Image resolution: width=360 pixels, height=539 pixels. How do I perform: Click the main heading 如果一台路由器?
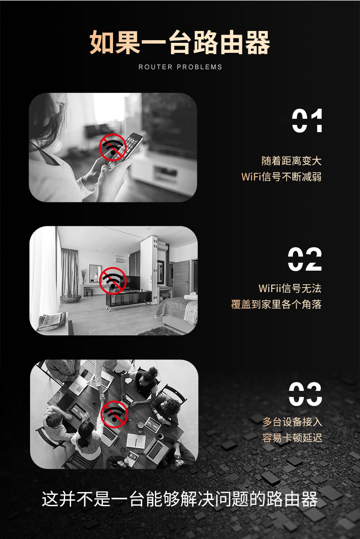click(x=180, y=43)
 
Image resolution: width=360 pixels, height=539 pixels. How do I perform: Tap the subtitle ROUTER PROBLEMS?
click(x=180, y=67)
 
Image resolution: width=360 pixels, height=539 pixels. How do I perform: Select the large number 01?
click(x=307, y=120)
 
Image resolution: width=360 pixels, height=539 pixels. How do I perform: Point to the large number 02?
click(x=305, y=259)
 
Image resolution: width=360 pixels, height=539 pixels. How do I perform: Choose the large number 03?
click(x=305, y=394)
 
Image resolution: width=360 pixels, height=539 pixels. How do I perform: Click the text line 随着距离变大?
click(x=291, y=161)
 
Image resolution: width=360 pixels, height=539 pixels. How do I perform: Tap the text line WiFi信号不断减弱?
click(x=281, y=177)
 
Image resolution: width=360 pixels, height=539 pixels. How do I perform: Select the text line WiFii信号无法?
click(x=289, y=288)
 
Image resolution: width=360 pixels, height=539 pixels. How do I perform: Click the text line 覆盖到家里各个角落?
click(x=276, y=304)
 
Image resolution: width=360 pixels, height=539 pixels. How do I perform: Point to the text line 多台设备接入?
click(x=292, y=422)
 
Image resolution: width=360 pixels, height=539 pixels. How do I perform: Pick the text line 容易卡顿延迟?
click(x=292, y=437)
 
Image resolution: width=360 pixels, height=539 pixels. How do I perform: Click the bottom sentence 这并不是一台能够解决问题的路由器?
click(x=180, y=499)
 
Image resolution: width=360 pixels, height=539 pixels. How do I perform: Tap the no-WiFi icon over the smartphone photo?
click(x=113, y=147)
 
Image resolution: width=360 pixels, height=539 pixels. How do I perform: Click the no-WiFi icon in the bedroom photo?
click(x=113, y=280)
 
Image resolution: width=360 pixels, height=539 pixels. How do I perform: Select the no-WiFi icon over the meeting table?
click(x=114, y=414)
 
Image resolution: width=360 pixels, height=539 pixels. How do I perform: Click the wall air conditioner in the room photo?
click(x=120, y=260)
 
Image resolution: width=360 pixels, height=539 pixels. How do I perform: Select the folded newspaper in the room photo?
click(x=52, y=321)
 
